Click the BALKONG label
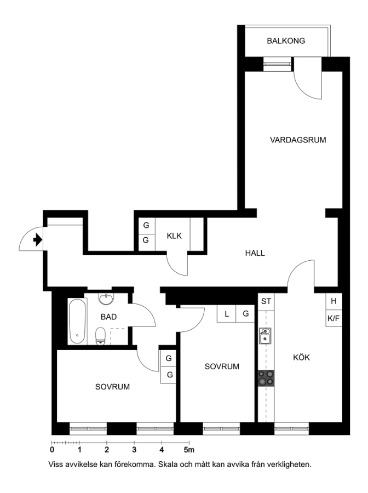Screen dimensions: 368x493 pyautogui.click(x=286, y=41)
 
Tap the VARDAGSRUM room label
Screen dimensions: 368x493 pyautogui.click(x=298, y=140)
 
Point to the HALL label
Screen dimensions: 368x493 pyautogui.click(x=255, y=253)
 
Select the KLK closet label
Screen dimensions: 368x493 pyautogui.click(x=174, y=236)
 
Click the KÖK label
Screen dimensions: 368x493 pyautogui.click(x=301, y=357)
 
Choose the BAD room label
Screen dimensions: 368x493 pyautogui.click(x=109, y=317)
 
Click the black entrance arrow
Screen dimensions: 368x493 pyautogui.click(x=37, y=240)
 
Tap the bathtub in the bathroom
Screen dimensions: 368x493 pyautogui.click(x=77, y=321)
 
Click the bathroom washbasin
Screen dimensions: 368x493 pyautogui.click(x=107, y=299)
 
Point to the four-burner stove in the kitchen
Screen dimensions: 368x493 pyautogui.click(x=266, y=378)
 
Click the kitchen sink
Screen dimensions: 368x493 pyautogui.click(x=265, y=335)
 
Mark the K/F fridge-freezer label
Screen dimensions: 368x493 pyautogui.click(x=334, y=318)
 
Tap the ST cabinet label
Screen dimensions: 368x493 pyautogui.click(x=266, y=301)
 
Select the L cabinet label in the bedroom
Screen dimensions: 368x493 pyautogui.click(x=227, y=314)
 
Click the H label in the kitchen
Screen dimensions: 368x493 pyautogui.click(x=334, y=301)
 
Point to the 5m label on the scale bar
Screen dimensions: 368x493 pyautogui.click(x=189, y=450)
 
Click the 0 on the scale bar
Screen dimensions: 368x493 pyautogui.click(x=52, y=450)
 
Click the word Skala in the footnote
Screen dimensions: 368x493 pyautogui.click(x=166, y=465)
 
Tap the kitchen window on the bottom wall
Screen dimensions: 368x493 pyautogui.click(x=291, y=428)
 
